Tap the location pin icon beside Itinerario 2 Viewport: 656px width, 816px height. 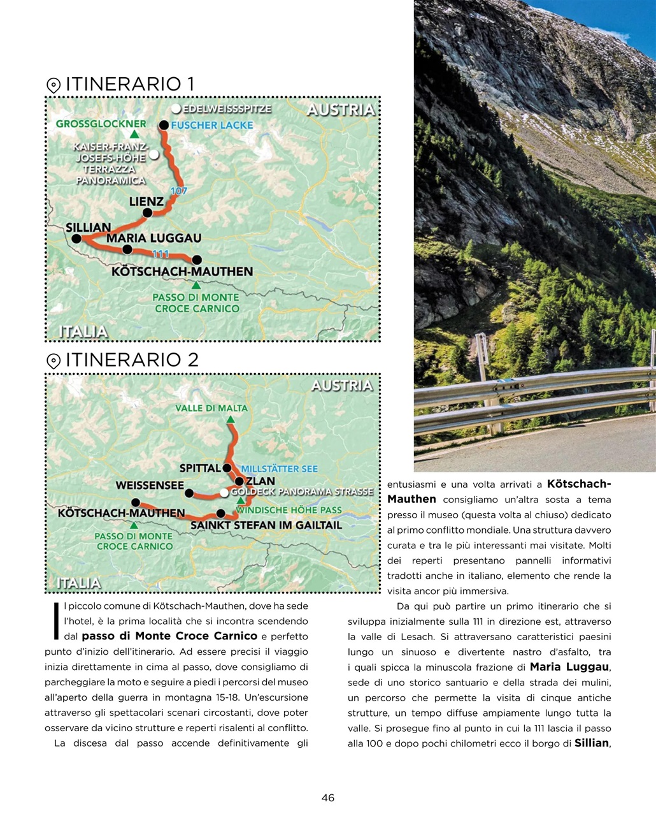[53, 361]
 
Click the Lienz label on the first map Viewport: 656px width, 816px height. [146, 201]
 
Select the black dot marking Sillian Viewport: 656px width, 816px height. [76, 239]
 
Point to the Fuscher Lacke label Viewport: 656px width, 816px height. [212, 125]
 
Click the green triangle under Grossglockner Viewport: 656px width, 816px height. [134, 135]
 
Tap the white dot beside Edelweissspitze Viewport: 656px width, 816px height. [176, 109]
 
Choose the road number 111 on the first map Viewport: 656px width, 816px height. [160, 254]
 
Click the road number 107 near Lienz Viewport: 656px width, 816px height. [179, 191]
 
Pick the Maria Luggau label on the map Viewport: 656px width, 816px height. [153, 238]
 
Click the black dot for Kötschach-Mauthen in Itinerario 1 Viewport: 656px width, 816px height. [197, 259]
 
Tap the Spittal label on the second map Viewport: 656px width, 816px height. [199, 468]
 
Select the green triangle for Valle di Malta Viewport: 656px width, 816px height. [231, 419]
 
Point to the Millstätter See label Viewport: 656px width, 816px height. [279, 469]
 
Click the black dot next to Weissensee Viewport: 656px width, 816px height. [189, 493]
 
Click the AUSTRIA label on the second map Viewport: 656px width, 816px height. [341, 386]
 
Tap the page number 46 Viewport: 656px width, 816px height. [327, 798]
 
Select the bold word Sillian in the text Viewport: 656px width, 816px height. [592, 743]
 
